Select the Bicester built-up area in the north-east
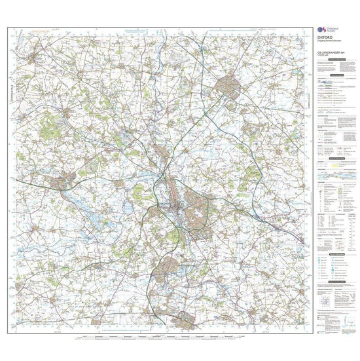[x=228, y=85]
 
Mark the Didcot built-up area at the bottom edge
[x=186, y=320]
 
